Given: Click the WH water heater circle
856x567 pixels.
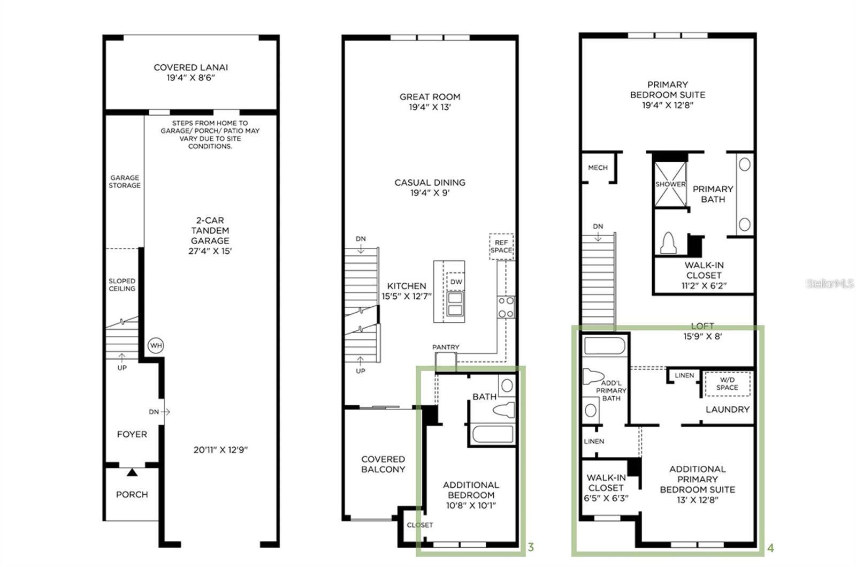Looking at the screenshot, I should (x=156, y=345).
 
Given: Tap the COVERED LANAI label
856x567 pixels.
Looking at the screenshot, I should (x=191, y=67).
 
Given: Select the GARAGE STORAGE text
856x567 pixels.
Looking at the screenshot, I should (x=125, y=182).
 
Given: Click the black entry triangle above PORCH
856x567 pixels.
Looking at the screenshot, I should (x=132, y=472).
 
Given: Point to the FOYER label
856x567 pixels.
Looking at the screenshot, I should (x=132, y=434).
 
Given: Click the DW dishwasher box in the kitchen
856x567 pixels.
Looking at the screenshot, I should (x=456, y=282).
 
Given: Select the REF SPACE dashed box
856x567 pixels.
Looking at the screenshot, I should (x=501, y=246).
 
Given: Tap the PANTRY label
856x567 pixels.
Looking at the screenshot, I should (x=446, y=347).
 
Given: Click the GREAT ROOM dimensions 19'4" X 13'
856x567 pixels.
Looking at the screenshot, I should (x=430, y=107).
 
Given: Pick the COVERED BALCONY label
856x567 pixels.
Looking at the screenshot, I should (x=383, y=464).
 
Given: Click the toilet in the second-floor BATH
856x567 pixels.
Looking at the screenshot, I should (x=503, y=410).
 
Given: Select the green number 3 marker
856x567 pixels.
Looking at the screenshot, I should (x=531, y=547).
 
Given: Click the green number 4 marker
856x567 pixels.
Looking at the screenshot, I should (x=770, y=548).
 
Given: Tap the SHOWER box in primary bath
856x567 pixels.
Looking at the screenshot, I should (x=670, y=184).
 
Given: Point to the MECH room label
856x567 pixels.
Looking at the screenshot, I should (x=598, y=168).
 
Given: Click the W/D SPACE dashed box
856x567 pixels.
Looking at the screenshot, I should (x=727, y=384).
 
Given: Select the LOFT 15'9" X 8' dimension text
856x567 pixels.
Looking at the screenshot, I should (x=702, y=336).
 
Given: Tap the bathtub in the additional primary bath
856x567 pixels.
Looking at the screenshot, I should (x=605, y=345).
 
